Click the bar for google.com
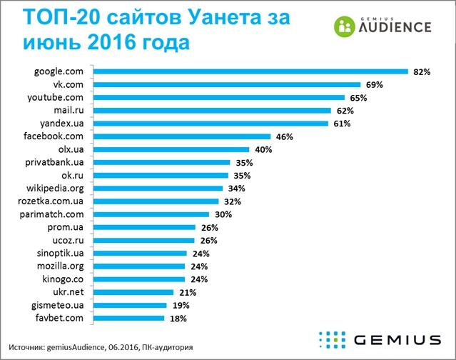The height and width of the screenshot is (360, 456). point(250,71)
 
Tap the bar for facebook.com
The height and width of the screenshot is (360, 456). point(183,136)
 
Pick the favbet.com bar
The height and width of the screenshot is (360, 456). point(129,318)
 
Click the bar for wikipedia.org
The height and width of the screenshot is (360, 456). point(160,189)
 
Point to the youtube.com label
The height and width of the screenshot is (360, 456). point(59,97)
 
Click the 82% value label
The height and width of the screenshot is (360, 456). point(422,71)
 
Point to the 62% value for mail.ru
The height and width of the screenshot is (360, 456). point(345,111)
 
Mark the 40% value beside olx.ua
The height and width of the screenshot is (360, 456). point(263,149)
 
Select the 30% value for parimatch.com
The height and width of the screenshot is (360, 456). point(223,214)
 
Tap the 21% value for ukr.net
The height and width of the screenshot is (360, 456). point(188,292)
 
